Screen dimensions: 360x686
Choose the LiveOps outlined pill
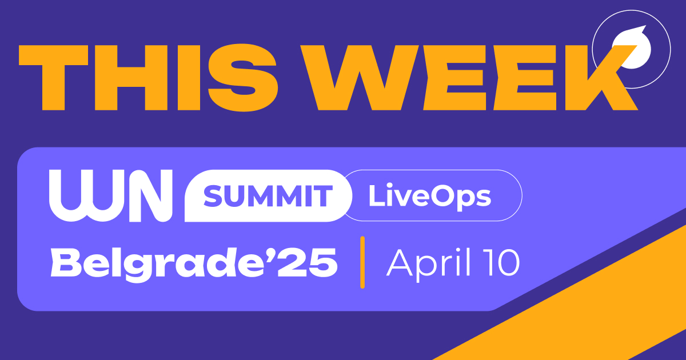click(x=430, y=196)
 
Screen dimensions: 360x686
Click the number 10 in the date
click(x=501, y=262)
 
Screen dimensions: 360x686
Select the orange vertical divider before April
click(x=362, y=261)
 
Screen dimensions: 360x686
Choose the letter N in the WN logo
click(x=151, y=195)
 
